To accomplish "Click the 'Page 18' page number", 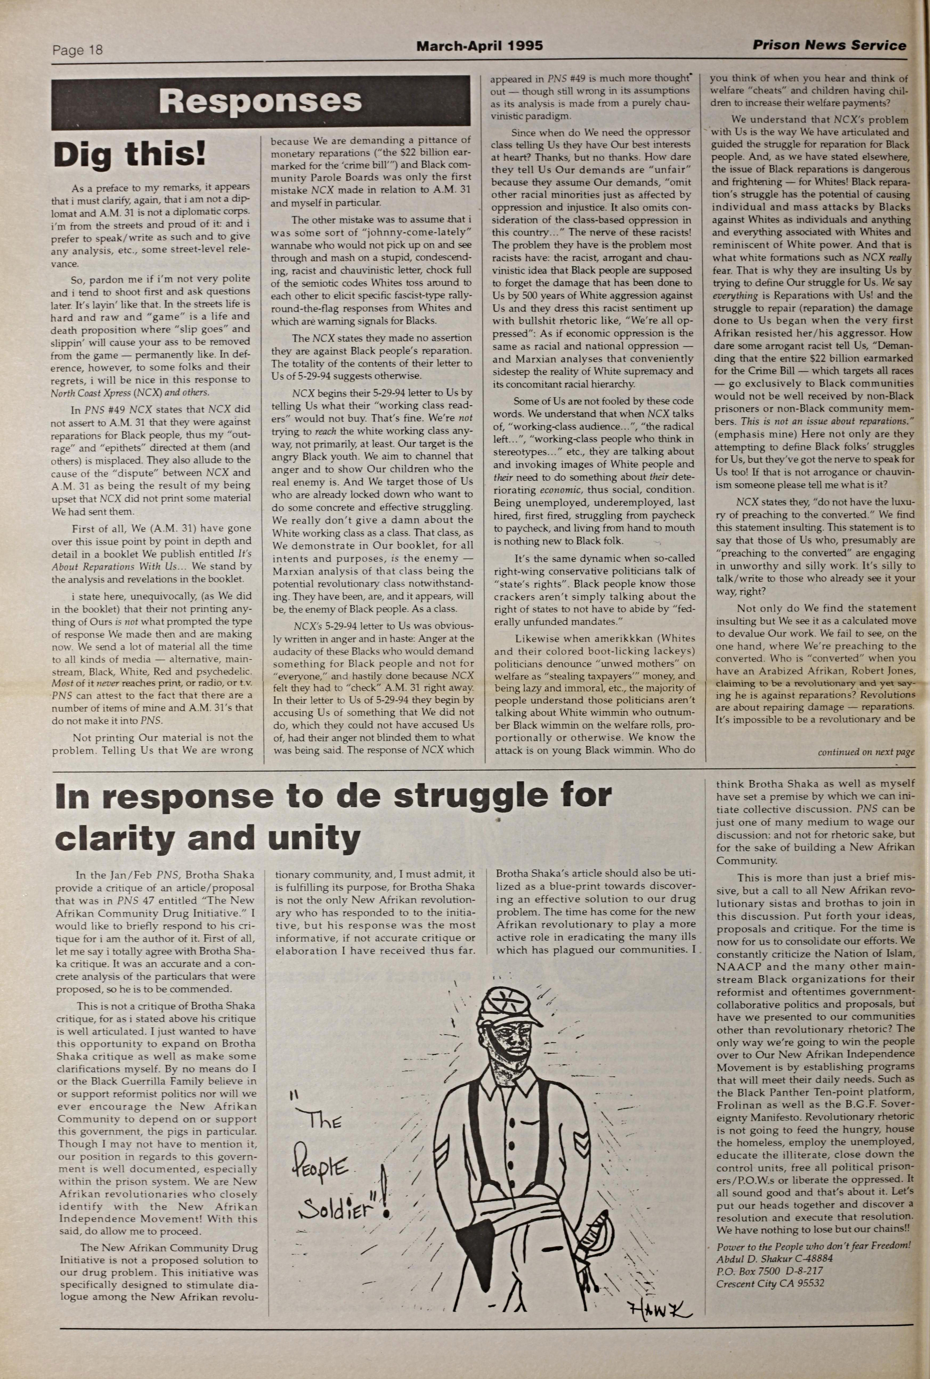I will coord(77,50).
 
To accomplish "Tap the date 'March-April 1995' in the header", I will coord(479,46).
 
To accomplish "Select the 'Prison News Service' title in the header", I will coord(829,45).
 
